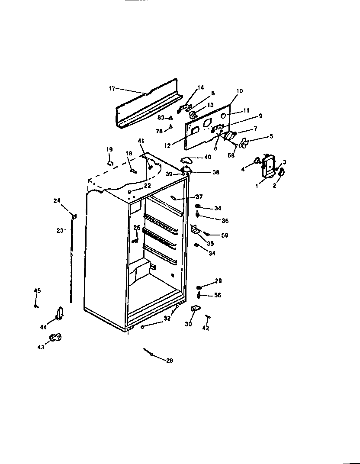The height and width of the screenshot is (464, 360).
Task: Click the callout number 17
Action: coord(112,88)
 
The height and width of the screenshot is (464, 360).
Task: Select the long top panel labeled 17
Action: coord(147,106)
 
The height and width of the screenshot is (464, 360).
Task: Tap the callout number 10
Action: coord(240,91)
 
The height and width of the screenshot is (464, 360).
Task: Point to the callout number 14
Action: coord(200,87)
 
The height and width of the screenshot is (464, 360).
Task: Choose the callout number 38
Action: coord(215,172)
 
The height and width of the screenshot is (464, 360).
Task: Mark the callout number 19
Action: coord(109,149)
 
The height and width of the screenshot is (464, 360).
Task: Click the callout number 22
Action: coord(148,185)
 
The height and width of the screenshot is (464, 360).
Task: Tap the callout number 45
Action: coord(37,290)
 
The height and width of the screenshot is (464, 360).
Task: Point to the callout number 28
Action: coord(170,360)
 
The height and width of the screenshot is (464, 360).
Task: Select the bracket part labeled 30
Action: coord(195,308)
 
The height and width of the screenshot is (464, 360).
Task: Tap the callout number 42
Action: coord(206,329)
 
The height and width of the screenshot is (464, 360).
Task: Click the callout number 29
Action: coord(219,281)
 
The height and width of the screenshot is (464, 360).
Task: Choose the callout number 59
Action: coord(225,235)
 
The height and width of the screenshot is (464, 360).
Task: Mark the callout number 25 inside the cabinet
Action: coord(137,228)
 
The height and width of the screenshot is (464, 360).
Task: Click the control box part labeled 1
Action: coord(268,167)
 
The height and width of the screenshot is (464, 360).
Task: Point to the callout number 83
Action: coord(161,118)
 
